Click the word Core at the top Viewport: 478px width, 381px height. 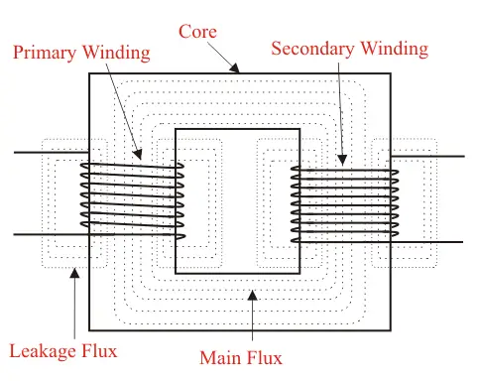point(196,32)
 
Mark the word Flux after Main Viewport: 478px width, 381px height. point(265,358)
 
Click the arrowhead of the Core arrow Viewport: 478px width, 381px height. point(236,70)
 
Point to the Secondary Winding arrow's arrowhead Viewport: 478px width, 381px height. point(343,161)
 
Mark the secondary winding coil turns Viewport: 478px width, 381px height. point(343,203)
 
